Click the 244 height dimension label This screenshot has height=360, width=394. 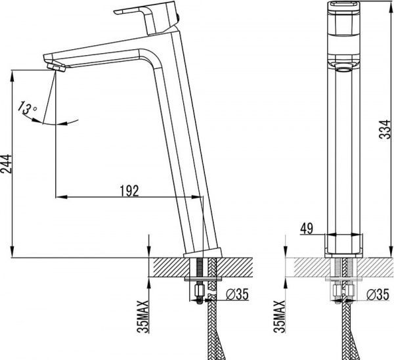click(6, 164)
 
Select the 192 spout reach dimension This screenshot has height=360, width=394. click(129, 191)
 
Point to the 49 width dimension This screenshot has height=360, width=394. click(307, 228)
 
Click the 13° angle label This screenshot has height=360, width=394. click(28, 108)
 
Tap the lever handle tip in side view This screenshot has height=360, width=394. click(116, 12)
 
